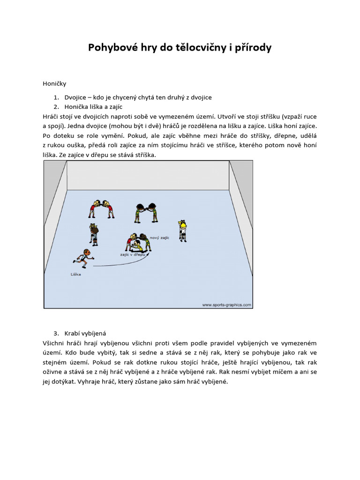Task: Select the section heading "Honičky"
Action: [x=54, y=84]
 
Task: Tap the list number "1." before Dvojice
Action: [x=56, y=97]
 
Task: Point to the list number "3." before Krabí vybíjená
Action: [x=56, y=333]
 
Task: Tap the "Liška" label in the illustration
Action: [x=75, y=274]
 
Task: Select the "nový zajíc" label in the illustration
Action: [x=159, y=238]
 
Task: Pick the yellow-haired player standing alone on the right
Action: [x=182, y=230]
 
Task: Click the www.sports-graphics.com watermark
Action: [x=226, y=305]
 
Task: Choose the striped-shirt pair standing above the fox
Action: [x=94, y=233]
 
